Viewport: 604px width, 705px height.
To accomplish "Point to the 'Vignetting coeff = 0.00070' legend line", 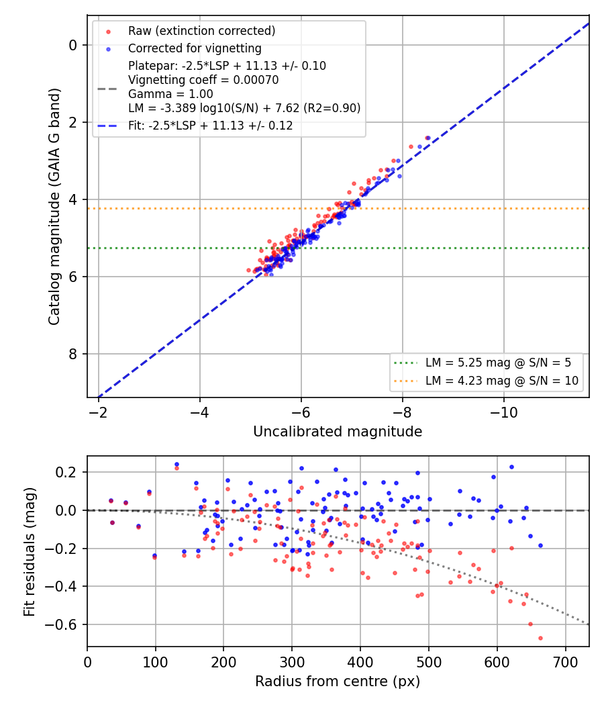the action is click(203, 80).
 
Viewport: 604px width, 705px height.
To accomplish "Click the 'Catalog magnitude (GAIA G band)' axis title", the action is click(54, 206).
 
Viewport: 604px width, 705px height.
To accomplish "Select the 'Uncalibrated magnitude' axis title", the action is click(338, 432).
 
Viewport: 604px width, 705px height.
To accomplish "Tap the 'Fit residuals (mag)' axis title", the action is click(30, 552).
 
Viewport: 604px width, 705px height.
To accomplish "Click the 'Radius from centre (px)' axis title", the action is click(338, 681).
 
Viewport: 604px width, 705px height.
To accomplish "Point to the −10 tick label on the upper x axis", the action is click(503, 412).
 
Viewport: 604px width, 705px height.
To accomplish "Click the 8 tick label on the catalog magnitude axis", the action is click(72, 355).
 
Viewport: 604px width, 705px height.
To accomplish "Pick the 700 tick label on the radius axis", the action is click(565, 662).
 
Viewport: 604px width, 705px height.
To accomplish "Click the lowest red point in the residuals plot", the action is click(540, 638).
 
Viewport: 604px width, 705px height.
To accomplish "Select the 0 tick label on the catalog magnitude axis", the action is click(72, 46).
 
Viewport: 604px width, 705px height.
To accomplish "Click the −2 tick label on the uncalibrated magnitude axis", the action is click(98, 412).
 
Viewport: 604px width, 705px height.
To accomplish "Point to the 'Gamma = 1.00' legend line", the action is click(170, 94).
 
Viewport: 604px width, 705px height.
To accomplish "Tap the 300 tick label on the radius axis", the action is click(292, 662).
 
